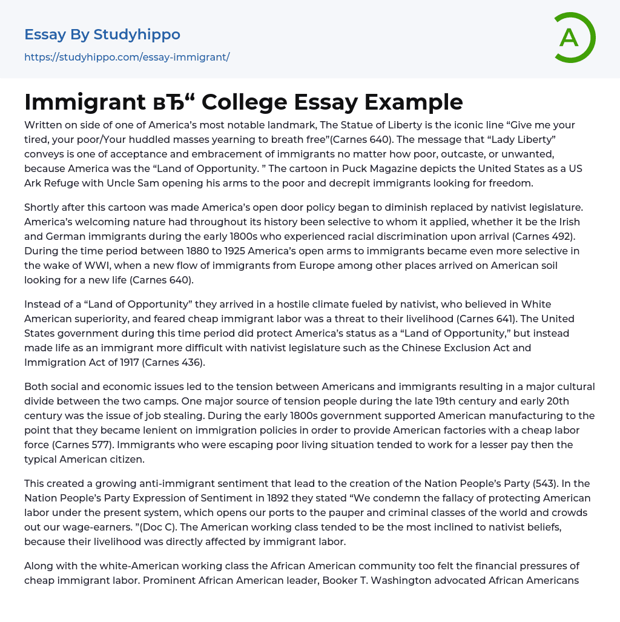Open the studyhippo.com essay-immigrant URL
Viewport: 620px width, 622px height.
[127, 57]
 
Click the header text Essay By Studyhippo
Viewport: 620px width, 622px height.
[102, 35]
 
